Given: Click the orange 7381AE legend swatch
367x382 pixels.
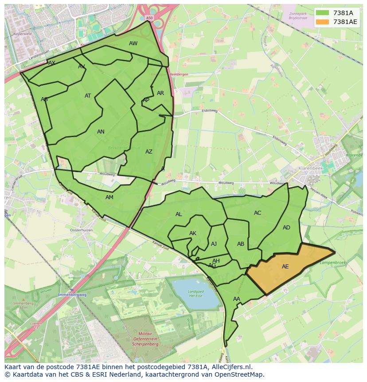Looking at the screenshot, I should coord(323,22).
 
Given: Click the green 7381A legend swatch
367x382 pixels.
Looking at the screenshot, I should coord(323,13).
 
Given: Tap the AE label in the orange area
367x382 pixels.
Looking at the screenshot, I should coord(285,267).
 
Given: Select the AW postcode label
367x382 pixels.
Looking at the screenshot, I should coord(133,43).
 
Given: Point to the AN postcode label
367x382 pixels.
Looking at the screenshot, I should coord(101,132).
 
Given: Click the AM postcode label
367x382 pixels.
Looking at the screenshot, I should coord(109,197).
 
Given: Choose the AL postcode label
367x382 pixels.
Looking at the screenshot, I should coord(179,214).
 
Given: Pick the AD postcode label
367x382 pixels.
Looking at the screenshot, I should coord(286,228).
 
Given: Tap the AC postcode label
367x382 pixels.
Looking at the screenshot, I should coord(258,213).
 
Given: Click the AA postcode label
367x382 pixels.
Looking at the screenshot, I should coord(237,299).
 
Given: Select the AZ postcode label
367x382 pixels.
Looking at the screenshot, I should coord(149,152).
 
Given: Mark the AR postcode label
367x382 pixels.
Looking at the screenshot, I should coord(160,93).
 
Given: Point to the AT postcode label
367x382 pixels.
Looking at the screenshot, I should coord(88,96).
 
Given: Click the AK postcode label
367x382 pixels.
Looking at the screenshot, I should coord(193,233).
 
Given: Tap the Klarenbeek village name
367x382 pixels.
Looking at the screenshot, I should coord(310,169).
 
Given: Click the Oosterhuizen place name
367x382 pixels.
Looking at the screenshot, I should coord(81,230).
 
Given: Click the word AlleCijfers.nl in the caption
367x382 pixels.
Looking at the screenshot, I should coord(231,367).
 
